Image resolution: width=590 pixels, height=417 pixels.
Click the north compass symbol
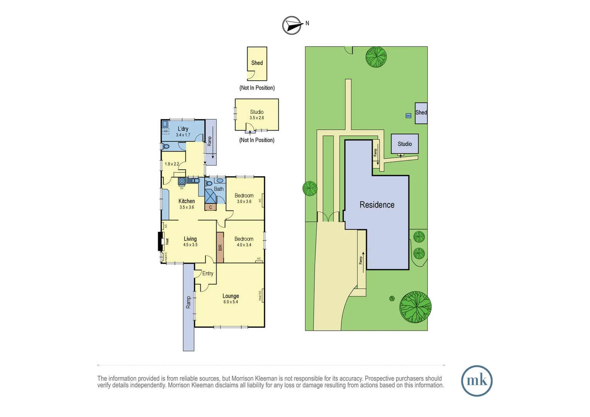pyautogui.click(x=292, y=25)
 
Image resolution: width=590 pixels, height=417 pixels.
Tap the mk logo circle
pyautogui.click(x=476, y=381)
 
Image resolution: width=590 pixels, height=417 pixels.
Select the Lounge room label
pyautogui.click(x=231, y=296)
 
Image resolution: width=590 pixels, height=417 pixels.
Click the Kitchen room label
pyautogui.click(x=186, y=201)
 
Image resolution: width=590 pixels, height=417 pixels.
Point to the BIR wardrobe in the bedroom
pyautogui.click(x=220, y=247)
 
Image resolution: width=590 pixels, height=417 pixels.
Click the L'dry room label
pyautogui.click(x=183, y=129)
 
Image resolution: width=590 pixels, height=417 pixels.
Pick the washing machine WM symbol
pyautogui.click(x=166, y=131)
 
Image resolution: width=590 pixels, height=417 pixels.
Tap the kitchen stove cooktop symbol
pyautogui.click(x=181, y=181)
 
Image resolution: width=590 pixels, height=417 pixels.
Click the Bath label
pyautogui.click(x=219, y=189)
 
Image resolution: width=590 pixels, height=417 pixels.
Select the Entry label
pyautogui.click(x=208, y=273)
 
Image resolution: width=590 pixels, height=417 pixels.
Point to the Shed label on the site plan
pyautogui.click(x=421, y=113)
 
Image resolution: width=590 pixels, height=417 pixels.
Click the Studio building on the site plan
pyautogui.click(x=405, y=144)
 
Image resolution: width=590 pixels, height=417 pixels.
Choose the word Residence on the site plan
pyautogui.click(x=377, y=205)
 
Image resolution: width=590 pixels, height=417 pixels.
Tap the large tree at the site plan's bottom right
pyautogui.click(x=415, y=307)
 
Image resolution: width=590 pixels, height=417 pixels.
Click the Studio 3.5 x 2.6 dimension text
pyautogui.click(x=257, y=118)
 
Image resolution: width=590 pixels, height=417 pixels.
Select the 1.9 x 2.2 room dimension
pyautogui.click(x=172, y=164)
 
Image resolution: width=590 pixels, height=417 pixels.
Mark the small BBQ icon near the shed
pyautogui.click(x=408, y=116)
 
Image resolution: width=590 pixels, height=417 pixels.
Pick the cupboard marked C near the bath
pyautogui.click(x=210, y=207)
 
